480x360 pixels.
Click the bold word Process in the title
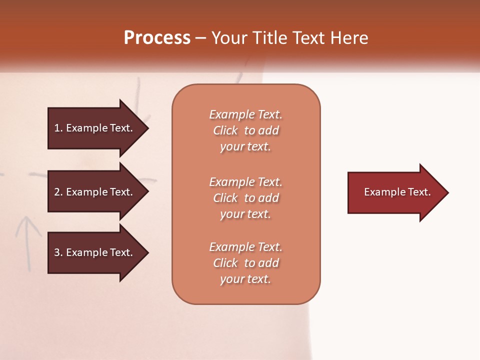tap(157, 38)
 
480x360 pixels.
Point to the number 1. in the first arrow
tap(58, 128)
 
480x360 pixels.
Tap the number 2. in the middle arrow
tap(58, 192)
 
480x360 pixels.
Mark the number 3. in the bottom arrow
tap(58, 252)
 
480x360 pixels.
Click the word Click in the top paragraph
tap(225, 130)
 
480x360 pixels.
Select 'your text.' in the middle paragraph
tap(245, 214)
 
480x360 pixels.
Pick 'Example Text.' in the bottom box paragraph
tap(245, 247)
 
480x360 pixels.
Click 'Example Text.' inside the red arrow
tap(397, 192)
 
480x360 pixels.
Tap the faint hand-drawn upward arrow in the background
tap(28, 240)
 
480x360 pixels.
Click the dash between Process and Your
tap(200, 38)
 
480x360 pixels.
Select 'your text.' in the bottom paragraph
tap(245, 279)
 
